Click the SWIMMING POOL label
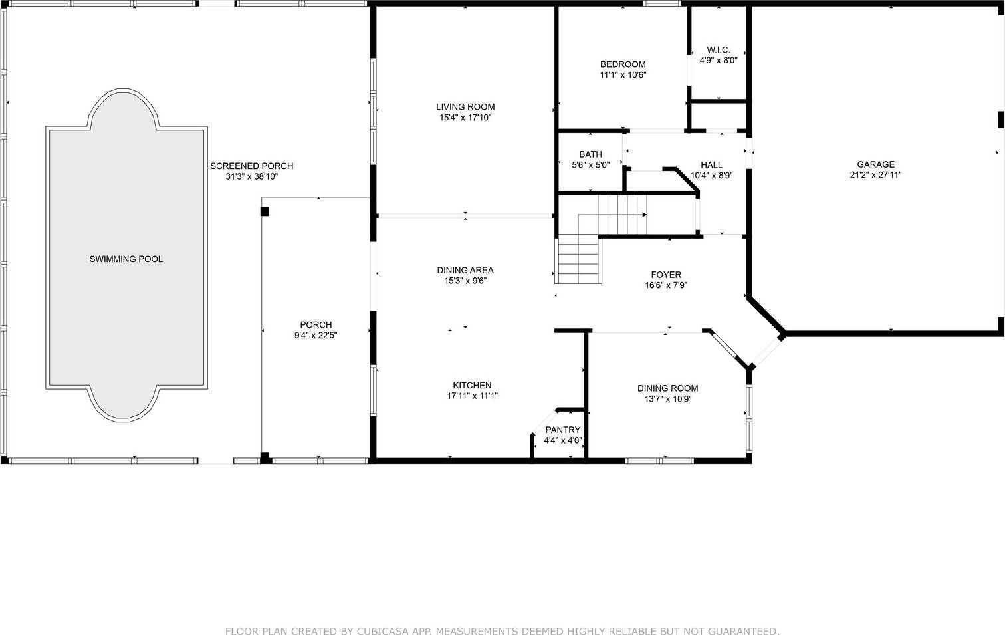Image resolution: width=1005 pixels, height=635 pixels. [x=126, y=259]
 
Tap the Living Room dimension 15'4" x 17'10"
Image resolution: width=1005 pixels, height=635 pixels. [x=465, y=118]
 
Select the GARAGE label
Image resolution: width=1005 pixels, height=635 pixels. [x=876, y=164]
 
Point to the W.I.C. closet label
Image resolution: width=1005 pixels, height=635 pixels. [x=719, y=50]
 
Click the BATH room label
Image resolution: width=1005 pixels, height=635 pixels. [x=590, y=154]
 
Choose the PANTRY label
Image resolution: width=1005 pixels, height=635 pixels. [x=563, y=430]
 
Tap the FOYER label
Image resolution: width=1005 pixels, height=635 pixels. [x=666, y=274]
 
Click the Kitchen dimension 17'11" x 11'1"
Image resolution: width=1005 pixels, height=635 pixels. [x=473, y=396]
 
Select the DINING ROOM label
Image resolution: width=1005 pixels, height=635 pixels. [x=667, y=388]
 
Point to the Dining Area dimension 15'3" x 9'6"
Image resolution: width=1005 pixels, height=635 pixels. [x=465, y=281]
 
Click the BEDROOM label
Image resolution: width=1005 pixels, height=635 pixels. [x=623, y=64]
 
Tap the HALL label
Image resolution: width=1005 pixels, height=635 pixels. [x=712, y=165]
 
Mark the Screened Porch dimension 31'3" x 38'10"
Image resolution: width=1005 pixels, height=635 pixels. [x=252, y=176]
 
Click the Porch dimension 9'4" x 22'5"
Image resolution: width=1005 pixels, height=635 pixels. [x=316, y=335]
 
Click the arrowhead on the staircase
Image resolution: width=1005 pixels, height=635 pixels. [x=645, y=215]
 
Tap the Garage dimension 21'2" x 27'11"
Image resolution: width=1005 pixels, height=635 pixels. [x=876, y=175]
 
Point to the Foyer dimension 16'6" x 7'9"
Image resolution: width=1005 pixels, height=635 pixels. [x=666, y=285]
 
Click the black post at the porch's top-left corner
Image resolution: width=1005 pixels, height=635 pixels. [x=265, y=211]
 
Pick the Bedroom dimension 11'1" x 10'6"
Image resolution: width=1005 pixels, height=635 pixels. [x=623, y=75]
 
